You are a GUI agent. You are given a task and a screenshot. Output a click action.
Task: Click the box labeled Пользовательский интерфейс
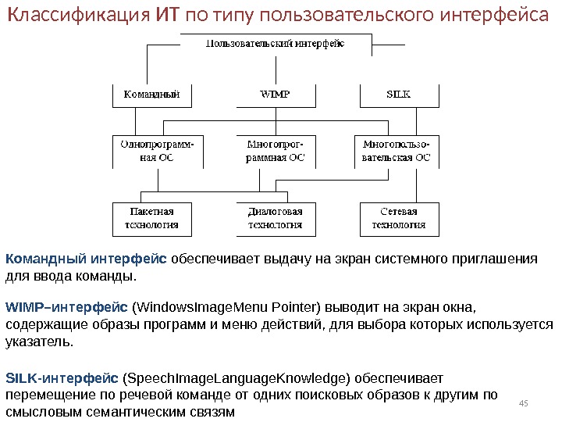click(x=275, y=44)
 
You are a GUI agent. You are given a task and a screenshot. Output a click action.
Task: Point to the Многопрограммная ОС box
click(x=276, y=150)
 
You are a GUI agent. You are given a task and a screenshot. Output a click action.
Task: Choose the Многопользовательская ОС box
click(x=397, y=150)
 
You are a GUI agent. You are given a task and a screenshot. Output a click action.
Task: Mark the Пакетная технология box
click(x=146, y=218)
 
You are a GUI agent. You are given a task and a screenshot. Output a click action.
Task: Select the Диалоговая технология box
click(x=276, y=218)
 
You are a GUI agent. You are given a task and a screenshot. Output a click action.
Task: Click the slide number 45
click(x=524, y=402)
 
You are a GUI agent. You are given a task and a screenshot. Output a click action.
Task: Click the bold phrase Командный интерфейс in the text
click(x=86, y=259)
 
